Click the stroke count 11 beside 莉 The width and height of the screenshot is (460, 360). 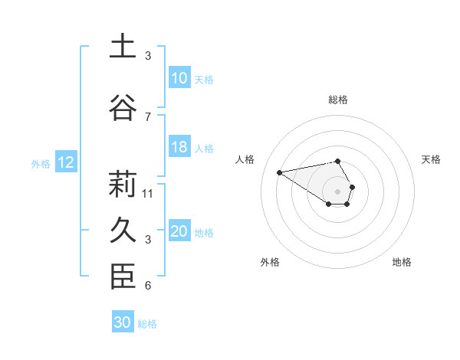[x=148, y=193]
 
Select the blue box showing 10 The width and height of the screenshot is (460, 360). [x=179, y=78]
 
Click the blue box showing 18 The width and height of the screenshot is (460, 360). [x=179, y=148]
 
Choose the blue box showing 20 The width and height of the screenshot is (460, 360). [x=179, y=232]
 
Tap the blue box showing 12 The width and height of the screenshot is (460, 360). [x=66, y=162]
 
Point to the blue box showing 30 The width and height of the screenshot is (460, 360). [x=123, y=322]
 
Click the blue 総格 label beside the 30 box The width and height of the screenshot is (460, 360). [x=147, y=324]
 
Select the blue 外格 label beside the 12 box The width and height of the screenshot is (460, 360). [x=41, y=163]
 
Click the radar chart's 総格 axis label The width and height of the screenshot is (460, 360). [x=337, y=100]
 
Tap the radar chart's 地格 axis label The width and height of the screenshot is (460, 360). [x=402, y=262]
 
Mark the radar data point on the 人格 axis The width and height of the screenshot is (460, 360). [x=280, y=172]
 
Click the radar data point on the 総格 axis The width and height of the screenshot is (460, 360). [x=337, y=162]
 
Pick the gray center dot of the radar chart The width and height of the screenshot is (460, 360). [x=337, y=191]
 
